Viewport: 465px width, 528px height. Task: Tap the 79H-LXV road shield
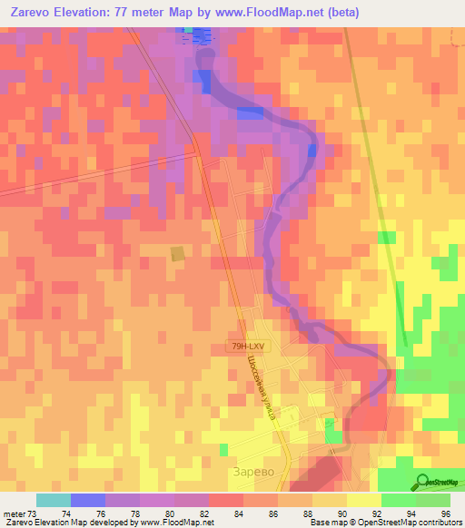coord(248,346)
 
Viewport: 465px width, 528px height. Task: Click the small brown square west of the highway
coord(177,254)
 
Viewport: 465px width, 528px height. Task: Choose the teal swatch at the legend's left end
coord(54,500)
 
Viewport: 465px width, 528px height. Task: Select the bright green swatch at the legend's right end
coord(433,500)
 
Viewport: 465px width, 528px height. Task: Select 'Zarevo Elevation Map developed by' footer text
coord(77,523)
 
